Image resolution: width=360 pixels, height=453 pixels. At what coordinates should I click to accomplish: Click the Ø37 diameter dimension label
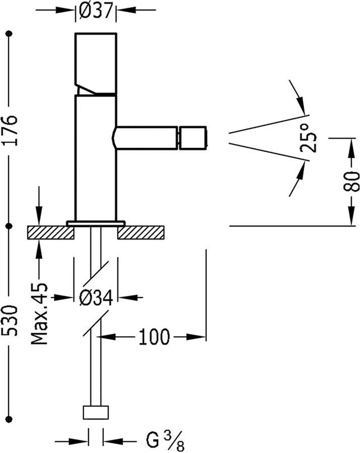pos(96,11)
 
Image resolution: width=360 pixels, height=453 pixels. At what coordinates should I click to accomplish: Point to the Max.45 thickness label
pos(39,314)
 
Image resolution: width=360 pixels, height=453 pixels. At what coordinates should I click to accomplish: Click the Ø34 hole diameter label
pos(96,298)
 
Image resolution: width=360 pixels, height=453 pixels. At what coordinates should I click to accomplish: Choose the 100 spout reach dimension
pos(154,337)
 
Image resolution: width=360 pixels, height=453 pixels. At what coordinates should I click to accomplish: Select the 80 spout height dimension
pos(351,181)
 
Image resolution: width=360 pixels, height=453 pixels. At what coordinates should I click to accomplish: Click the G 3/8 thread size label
pos(165,440)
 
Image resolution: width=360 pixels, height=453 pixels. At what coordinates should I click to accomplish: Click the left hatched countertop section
pos(50,233)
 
